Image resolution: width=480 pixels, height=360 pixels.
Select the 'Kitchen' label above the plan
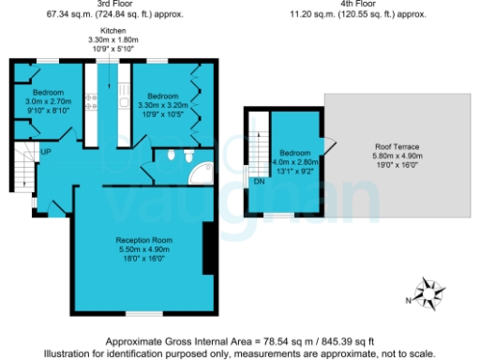point(113,31)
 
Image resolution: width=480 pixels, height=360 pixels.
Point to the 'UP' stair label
point(45,151)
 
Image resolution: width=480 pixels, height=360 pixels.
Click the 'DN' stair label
point(258,183)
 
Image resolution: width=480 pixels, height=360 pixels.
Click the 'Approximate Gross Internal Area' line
point(240,342)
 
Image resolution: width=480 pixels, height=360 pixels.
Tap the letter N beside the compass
point(410,300)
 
